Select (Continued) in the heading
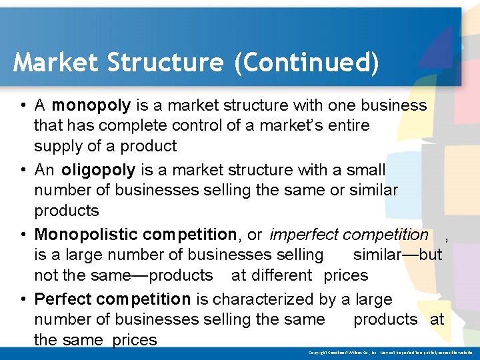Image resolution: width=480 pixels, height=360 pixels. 306,63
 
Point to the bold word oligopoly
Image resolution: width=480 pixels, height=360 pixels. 99,170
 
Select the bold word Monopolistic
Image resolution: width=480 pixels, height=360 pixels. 86,235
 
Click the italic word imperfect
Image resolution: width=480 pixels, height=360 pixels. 304,235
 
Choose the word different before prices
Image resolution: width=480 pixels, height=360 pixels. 282,275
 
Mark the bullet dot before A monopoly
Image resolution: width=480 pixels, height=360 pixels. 23,105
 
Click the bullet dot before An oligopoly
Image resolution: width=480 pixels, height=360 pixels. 23,170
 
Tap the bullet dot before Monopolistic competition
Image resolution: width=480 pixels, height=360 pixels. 23,235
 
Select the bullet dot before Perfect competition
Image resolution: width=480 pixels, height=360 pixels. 23,299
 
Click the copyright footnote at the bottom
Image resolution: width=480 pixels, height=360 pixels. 390,352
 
